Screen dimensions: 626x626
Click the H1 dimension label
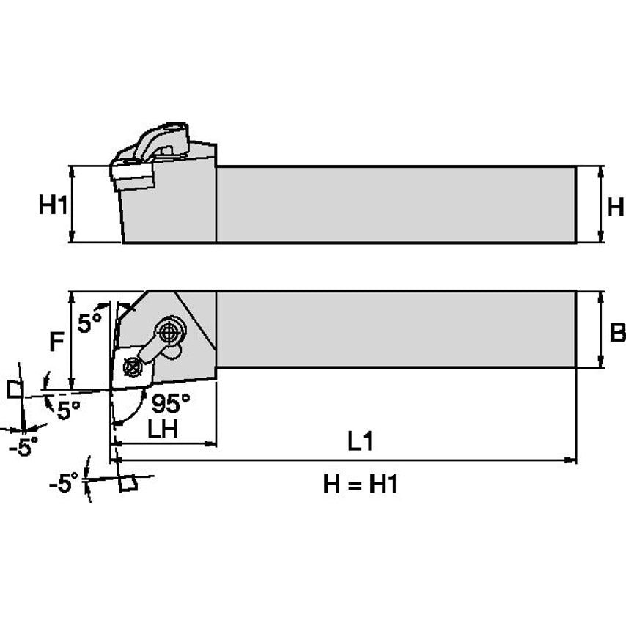[53, 205]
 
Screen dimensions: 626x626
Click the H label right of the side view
[615, 207]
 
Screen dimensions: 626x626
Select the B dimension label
[616, 333]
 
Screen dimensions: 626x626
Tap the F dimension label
[56, 342]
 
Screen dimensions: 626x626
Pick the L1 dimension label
[360, 441]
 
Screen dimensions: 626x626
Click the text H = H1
[360, 484]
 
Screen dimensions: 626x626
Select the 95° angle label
[170, 402]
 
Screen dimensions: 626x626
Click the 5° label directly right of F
[89, 323]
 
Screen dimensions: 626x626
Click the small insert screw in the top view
[133, 364]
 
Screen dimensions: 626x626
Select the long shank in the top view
[396, 328]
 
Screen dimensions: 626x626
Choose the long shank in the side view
[396, 204]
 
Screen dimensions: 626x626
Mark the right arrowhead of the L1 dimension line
[572, 460]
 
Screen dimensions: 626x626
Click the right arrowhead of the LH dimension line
[212, 443]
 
